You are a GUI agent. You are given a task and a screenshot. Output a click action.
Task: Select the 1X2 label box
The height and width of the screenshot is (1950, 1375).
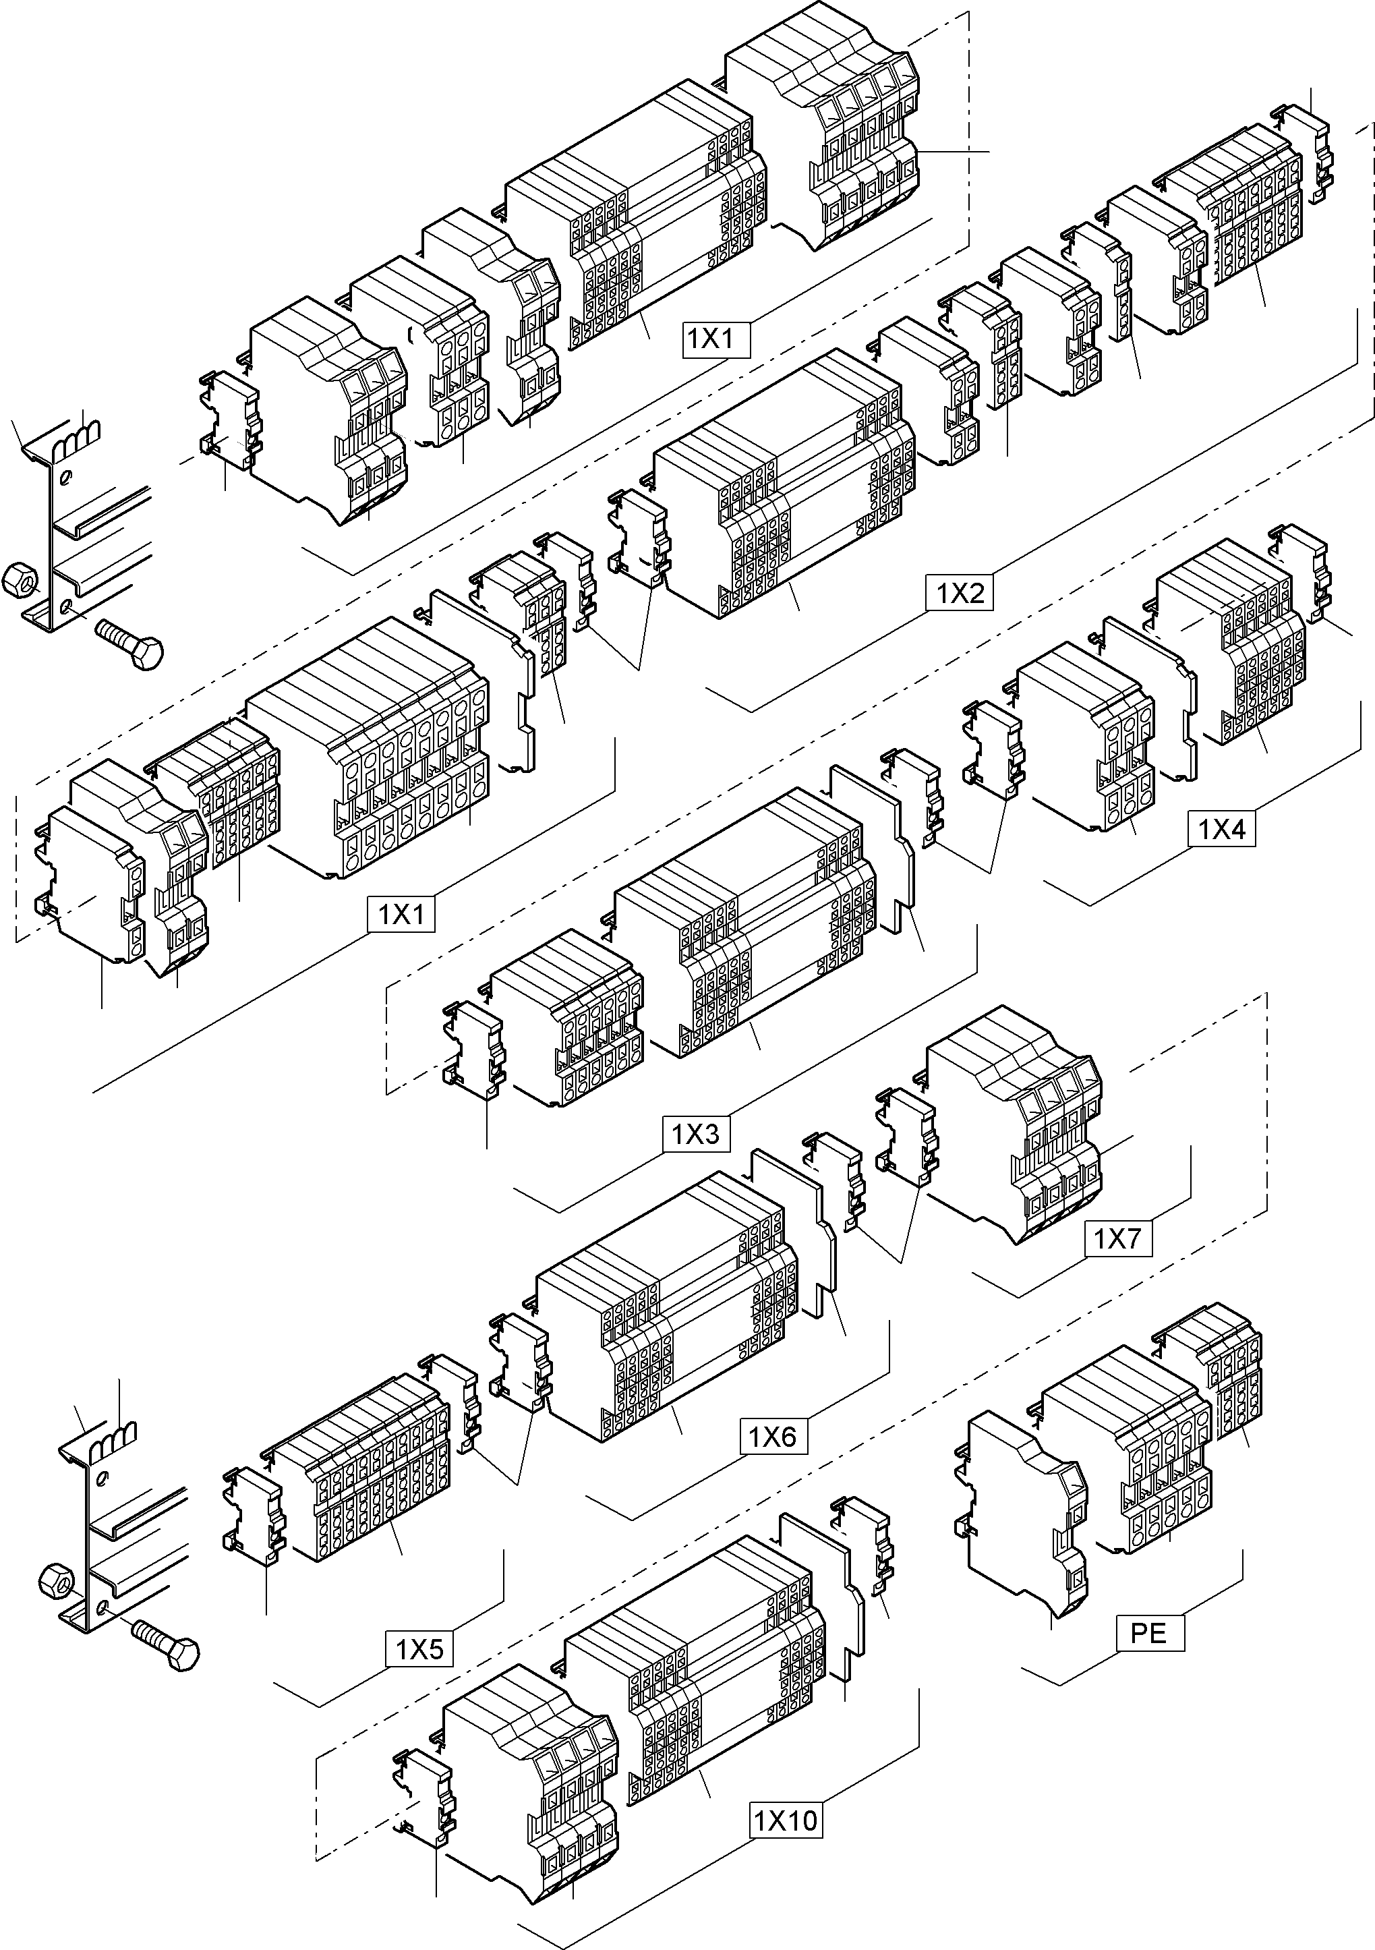click(x=960, y=592)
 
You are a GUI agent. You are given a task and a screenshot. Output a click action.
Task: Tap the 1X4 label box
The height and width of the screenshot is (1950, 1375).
click(x=1221, y=829)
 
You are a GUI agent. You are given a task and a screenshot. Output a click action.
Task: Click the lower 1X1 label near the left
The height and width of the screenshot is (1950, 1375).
click(x=401, y=914)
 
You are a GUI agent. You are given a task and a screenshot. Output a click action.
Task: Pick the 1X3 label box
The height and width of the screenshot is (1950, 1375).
click(x=695, y=1134)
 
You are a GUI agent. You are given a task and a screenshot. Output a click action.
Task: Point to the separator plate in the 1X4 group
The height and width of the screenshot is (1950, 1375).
click(x=1152, y=695)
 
